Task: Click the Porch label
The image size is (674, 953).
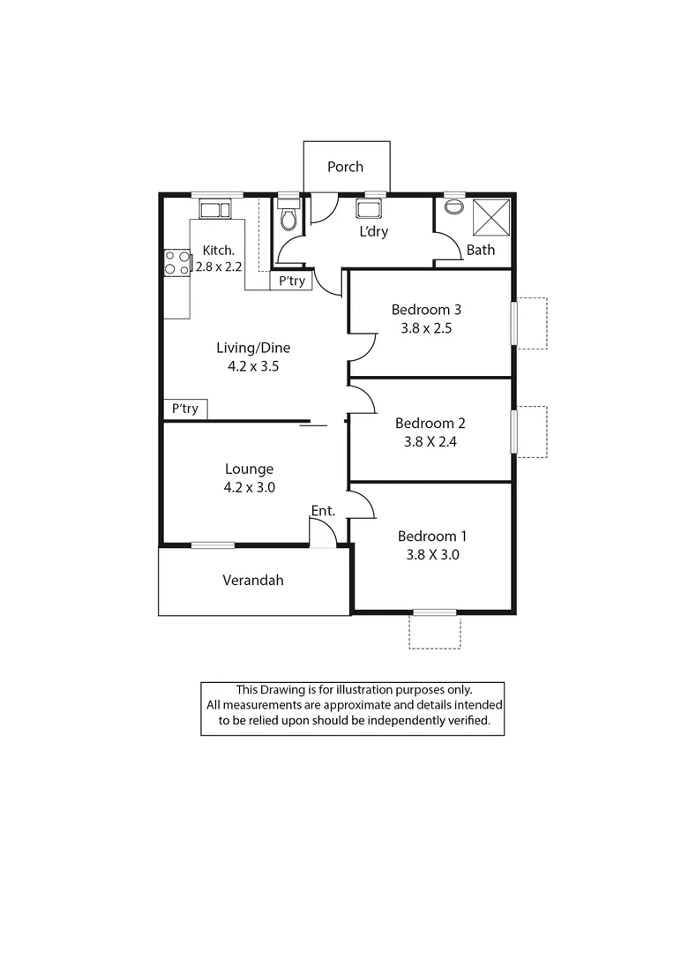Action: coord(345,167)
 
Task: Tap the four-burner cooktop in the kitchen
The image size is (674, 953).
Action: coord(177,263)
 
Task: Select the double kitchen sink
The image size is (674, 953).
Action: coord(214,209)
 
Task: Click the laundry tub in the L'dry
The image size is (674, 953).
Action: coord(368,209)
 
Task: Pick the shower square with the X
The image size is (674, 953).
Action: coord(492,217)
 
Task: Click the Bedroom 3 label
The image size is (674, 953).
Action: coord(427,310)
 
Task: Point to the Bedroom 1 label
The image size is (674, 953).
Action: coord(432,537)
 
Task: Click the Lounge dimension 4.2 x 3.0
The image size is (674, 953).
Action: coord(249,486)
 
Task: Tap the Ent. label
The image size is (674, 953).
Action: coord(321,511)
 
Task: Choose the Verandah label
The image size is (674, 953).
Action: coord(253,580)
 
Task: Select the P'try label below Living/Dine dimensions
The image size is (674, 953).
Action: coord(185,409)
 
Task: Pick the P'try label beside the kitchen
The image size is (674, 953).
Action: coord(291,281)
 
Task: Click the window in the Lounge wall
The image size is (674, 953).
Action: coord(213,545)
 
